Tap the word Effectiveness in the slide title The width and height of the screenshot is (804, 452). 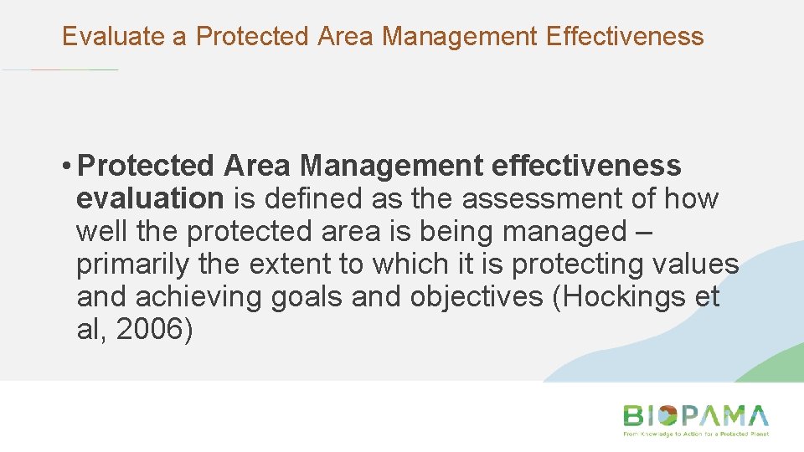point(624,36)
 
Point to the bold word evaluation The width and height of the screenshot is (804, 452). point(149,199)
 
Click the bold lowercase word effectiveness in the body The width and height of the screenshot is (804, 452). point(586,166)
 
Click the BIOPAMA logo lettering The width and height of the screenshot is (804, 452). point(694,416)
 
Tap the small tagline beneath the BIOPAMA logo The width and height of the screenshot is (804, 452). point(694,434)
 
